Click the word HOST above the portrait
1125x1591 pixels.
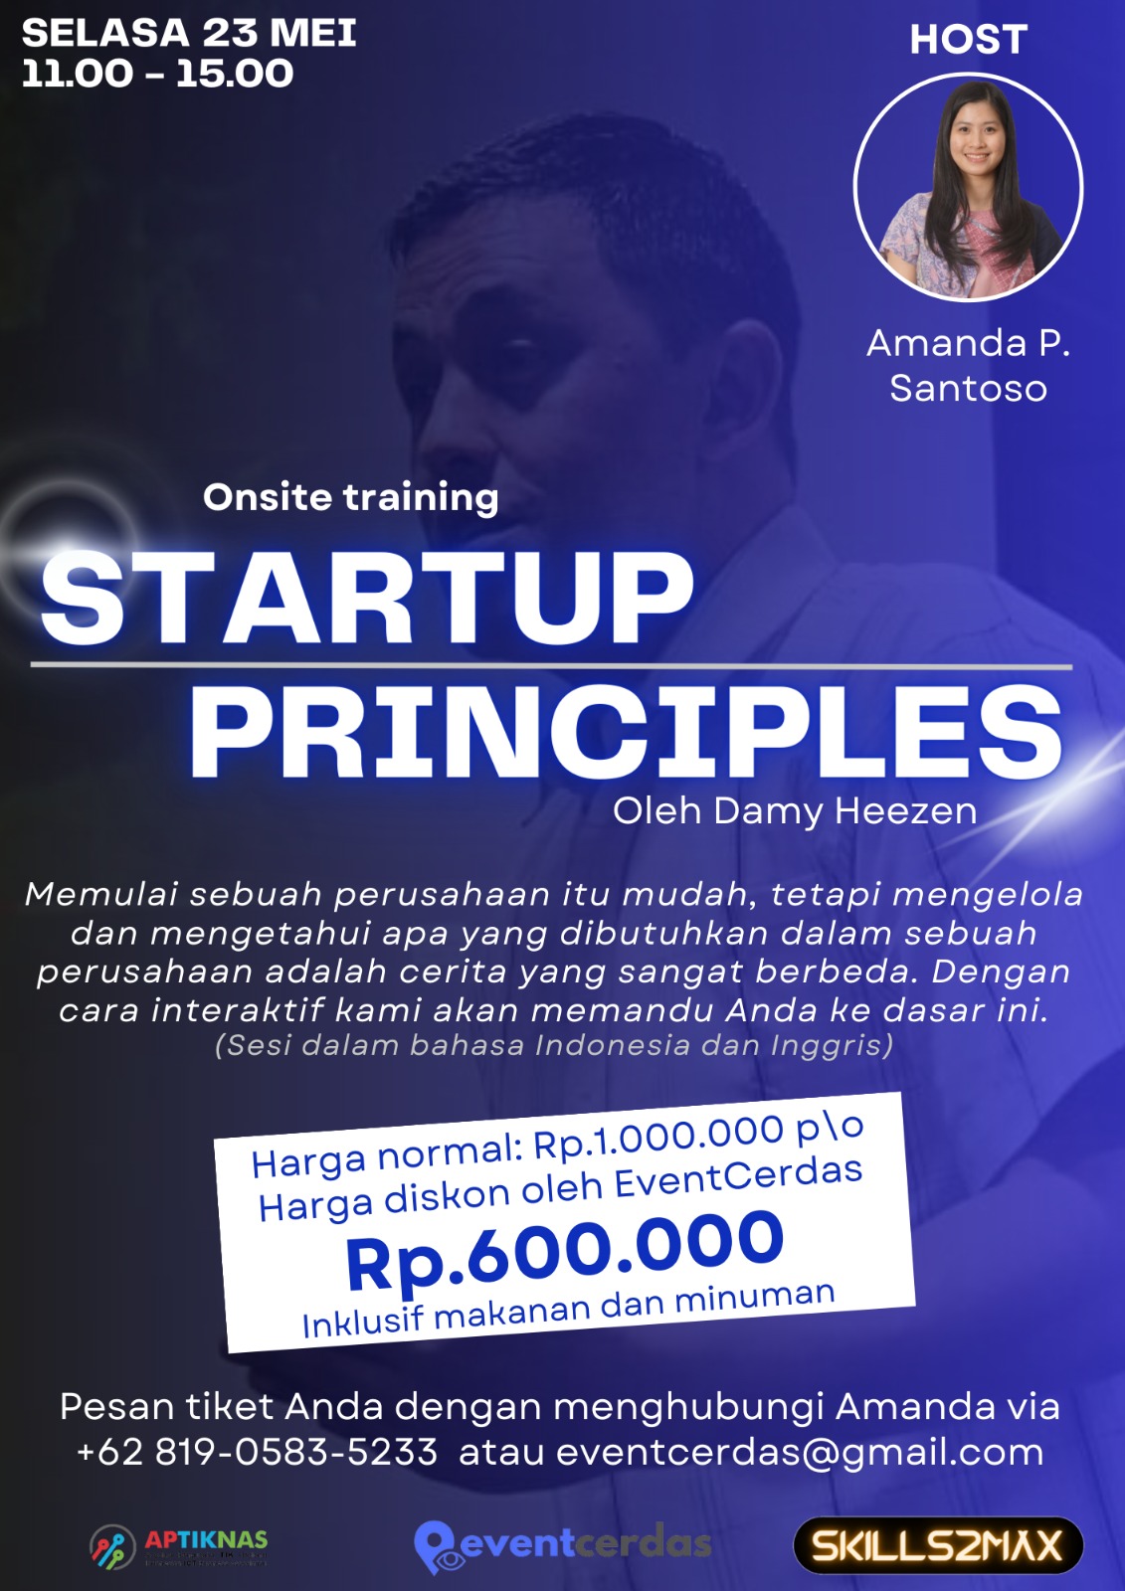click(969, 39)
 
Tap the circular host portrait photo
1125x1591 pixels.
click(968, 187)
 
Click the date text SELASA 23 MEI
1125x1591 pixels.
click(189, 33)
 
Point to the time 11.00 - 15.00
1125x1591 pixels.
click(157, 74)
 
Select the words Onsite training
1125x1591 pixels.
click(350, 498)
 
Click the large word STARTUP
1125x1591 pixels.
click(367, 597)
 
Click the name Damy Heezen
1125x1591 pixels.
click(845, 811)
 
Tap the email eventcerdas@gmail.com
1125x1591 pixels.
click(800, 1453)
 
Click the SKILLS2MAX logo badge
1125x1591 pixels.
click(938, 1545)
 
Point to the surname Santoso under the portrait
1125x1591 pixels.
click(969, 389)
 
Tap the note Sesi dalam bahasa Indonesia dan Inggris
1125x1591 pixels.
click(554, 1046)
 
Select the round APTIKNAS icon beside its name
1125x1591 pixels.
click(112, 1546)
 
